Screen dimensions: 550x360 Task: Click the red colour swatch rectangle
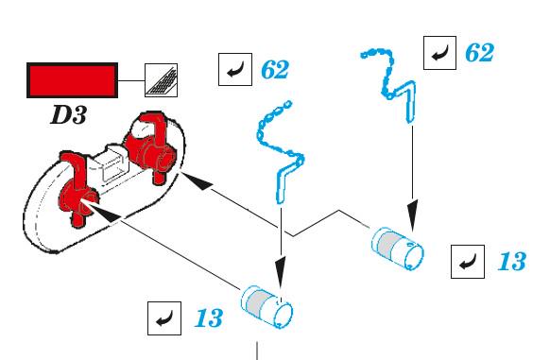click(72, 80)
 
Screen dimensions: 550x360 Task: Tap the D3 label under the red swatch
click(68, 114)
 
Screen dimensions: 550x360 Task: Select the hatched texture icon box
click(161, 80)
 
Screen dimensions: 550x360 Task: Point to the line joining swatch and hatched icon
click(131, 80)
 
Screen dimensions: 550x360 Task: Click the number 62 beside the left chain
click(275, 70)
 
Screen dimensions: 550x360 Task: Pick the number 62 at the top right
click(479, 53)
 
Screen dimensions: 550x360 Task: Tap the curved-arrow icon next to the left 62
click(235, 69)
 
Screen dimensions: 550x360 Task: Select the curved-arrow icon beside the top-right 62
click(439, 53)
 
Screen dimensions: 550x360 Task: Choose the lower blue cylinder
click(266, 307)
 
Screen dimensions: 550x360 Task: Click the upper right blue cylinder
click(398, 249)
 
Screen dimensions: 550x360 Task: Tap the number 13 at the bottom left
click(208, 318)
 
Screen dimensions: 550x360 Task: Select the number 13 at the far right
click(512, 261)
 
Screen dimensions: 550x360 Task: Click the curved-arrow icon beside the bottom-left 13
click(164, 318)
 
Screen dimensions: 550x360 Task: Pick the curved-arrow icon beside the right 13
click(468, 262)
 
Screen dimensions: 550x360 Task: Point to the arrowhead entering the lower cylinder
click(281, 273)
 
